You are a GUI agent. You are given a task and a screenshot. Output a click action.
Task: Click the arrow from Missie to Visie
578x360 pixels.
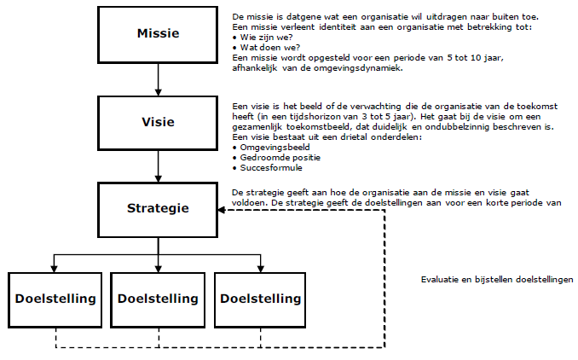[158, 79]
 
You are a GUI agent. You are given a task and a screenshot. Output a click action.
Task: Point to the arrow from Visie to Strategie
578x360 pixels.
[158, 166]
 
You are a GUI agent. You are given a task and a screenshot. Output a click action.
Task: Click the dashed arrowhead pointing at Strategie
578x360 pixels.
[222, 210]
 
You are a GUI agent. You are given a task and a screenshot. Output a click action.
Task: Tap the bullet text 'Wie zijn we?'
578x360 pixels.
[266, 38]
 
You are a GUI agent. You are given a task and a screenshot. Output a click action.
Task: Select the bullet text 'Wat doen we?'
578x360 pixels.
[270, 48]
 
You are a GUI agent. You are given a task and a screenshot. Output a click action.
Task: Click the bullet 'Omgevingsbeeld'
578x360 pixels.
[275, 148]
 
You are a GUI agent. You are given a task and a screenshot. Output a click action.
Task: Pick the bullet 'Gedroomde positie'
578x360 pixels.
[280, 158]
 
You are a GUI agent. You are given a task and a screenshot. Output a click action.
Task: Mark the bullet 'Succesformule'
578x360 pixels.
[271, 168]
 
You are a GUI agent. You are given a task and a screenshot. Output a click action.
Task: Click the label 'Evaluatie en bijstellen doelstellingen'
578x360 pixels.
[497, 280]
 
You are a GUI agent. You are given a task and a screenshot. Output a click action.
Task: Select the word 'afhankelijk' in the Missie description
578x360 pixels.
[254, 68]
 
